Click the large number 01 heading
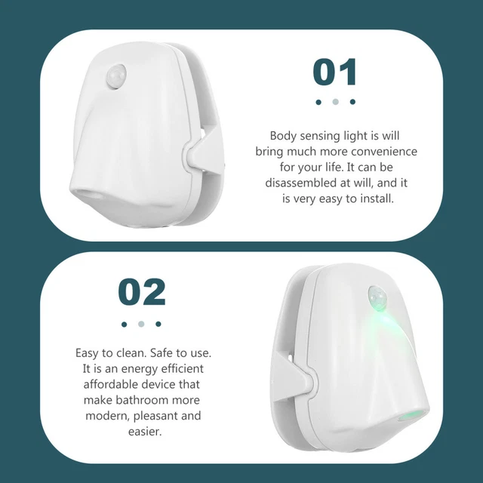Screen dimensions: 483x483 click(x=334, y=72)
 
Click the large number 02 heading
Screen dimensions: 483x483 click(x=141, y=293)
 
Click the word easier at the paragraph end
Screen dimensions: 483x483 click(x=141, y=432)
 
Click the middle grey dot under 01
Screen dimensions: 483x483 click(x=335, y=102)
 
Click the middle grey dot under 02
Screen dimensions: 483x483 click(x=141, y=324)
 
